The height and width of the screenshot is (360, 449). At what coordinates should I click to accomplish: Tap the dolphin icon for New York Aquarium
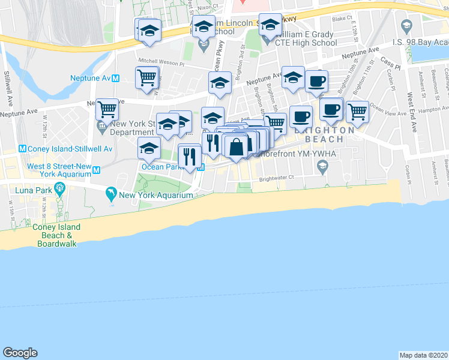point(111,193)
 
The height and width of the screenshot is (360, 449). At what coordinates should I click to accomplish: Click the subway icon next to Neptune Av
point(116,79)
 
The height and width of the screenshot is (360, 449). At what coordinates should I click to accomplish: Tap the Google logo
point(20,352)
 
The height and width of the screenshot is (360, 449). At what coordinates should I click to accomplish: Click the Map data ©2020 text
point(423,355)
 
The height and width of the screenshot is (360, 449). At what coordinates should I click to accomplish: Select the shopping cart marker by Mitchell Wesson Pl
point(147,77)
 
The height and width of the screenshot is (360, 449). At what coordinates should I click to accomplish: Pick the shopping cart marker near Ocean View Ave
point(357,111)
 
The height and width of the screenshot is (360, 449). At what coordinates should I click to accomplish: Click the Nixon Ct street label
point(209,6)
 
